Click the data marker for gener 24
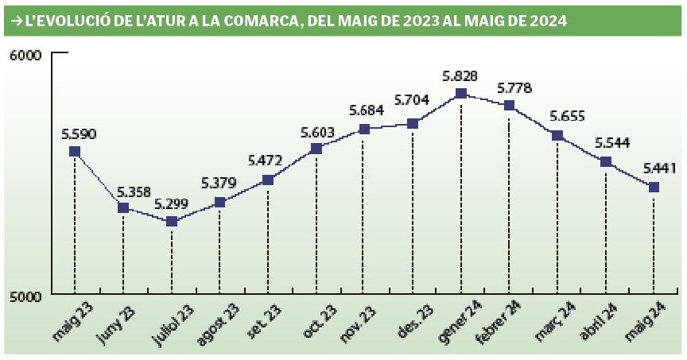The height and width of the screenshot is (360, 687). tap(461, 94)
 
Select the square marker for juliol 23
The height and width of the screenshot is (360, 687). tap(171, 221)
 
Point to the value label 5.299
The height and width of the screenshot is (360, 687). tap(170, 203)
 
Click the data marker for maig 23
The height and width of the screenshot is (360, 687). tap(75, 151)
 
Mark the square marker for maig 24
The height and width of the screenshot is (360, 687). tap(654, 187)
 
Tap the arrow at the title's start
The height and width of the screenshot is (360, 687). tap(15, 21)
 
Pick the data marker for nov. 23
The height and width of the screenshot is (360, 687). tap(364, 129)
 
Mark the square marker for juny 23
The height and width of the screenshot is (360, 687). tap(123, 207)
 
